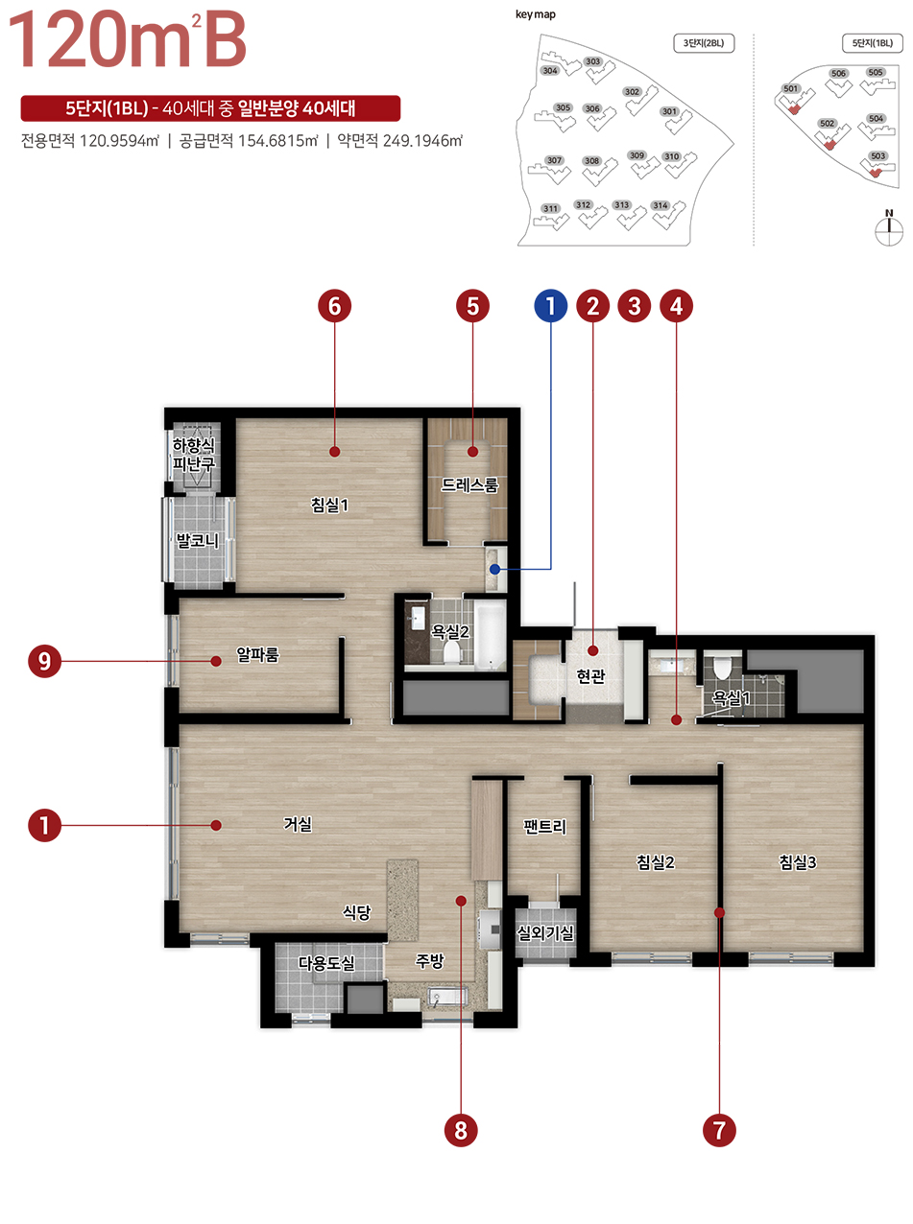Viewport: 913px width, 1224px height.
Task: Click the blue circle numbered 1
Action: point(550,306)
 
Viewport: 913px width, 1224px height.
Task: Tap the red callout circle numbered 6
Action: point(334,306)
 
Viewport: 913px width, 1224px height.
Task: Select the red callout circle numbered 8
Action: point(461,1131)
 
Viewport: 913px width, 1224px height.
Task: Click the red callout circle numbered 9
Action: point(45,661)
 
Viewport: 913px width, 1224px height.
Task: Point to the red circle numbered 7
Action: point(719,1131)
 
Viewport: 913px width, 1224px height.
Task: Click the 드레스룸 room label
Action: point(469,484)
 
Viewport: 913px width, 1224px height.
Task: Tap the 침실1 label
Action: point(329,505)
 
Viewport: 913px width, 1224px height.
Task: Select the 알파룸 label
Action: point(257,654)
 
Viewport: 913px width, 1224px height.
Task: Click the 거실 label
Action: point(298,824)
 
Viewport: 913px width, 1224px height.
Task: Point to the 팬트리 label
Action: point(544,827)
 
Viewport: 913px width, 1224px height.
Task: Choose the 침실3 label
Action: point(798,862)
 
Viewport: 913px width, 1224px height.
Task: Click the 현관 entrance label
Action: point(590,676)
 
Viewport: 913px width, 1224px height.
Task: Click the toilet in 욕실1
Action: point(722,668)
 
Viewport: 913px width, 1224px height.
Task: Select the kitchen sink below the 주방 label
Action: point(447,996)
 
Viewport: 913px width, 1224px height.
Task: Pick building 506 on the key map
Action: point(839,82)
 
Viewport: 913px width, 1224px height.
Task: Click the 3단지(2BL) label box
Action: point(704,43)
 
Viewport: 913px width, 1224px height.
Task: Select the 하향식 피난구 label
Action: point(193,454)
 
